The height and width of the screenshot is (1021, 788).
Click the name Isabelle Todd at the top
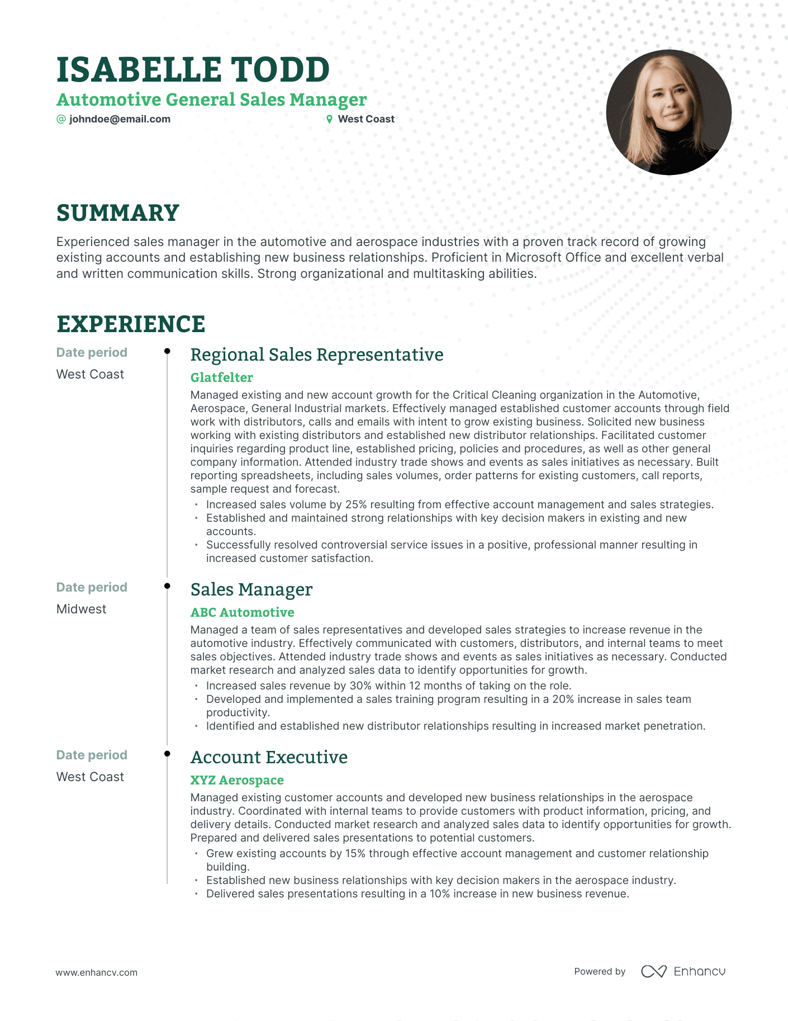tap(193, 70)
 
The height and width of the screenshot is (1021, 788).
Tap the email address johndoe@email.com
tap(120, 119)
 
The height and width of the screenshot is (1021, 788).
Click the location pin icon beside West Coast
tap(329, 119)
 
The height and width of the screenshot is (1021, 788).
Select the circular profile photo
tap(668, 112)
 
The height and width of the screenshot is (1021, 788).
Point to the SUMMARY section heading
tap(117, 213)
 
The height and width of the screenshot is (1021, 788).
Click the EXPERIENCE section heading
tap(131, 324)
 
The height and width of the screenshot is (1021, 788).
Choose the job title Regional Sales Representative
tap(316, 354)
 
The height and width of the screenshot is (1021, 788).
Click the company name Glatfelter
tap(221, 377)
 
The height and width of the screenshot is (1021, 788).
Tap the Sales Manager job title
tap(251, 589)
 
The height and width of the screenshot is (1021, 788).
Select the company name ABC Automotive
tap(242, 612)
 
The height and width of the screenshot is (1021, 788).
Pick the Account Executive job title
tap(269, 757)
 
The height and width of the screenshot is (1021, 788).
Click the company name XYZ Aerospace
tap(237, 780)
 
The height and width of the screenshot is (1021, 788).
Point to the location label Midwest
tap(81, 609)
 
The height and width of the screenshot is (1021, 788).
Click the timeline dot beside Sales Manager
tap(167, 586)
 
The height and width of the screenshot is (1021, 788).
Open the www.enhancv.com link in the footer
tap(96, 972)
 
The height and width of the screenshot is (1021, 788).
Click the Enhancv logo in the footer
tap(683, 971)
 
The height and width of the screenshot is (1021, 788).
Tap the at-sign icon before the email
tap(61, 119)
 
